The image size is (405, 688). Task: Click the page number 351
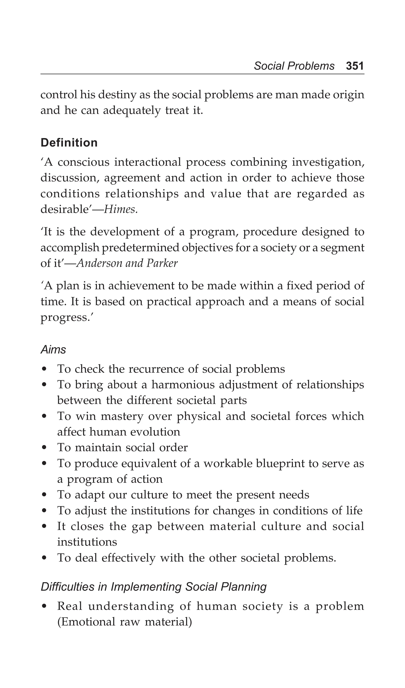click(x=355, y=66)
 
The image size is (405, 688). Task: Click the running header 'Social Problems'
click(x=294, y=66)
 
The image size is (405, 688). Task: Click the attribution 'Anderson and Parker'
click(x=127, y=263)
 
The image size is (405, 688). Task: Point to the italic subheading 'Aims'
click(x=53, y=350)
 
